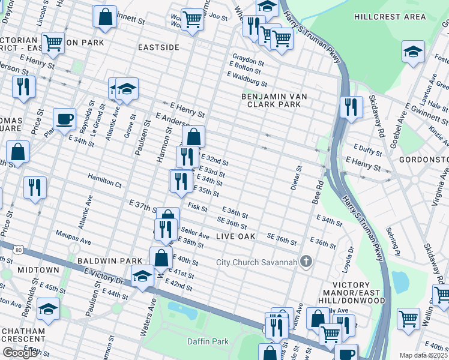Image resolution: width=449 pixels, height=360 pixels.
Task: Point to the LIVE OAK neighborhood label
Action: pos(236,237)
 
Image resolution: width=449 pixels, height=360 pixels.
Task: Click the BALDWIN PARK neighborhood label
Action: pos(109,261)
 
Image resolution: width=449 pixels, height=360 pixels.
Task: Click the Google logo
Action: pos(20,353)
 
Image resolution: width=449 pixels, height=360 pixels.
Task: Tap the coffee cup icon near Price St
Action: pos(64,118)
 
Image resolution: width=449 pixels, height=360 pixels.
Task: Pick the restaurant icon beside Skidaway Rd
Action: pos(351,107)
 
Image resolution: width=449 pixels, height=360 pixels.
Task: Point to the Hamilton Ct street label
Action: pos(104,178)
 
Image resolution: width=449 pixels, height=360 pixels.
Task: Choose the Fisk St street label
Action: pos(197,208)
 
